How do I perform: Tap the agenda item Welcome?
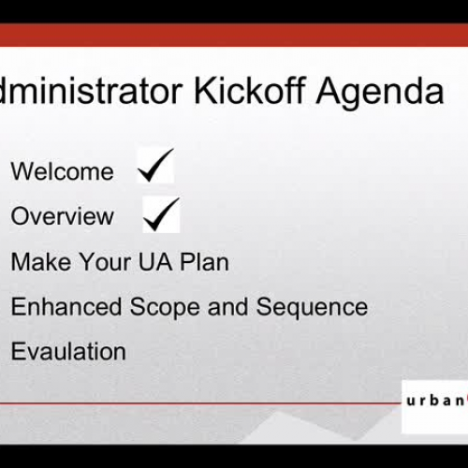(62, 171)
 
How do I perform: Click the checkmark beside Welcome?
(154, 167)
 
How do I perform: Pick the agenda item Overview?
(62, 216)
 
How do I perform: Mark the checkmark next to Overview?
(161, 214)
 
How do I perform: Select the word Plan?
(199, 261)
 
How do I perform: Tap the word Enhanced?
(66, 306)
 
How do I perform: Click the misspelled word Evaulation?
(68, 352)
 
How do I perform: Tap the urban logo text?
(435, 402)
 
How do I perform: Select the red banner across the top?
(234, 36)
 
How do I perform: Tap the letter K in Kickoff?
(206, 91)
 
